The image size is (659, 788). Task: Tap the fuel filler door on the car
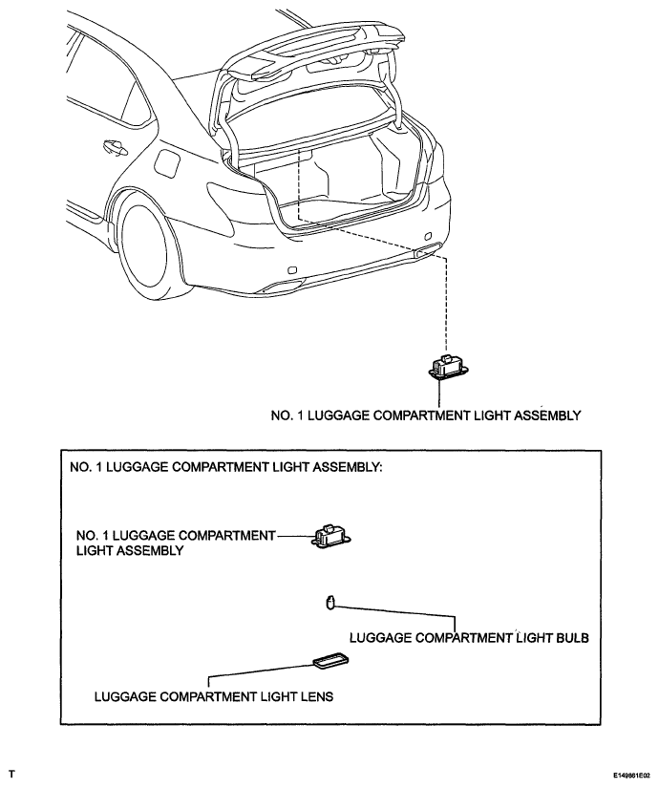167,164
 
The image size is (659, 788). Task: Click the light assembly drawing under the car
448,367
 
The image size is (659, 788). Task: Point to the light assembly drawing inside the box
332,536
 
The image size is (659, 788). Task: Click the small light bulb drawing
329,602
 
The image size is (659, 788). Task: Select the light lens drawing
331,660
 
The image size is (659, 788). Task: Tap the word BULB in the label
572,638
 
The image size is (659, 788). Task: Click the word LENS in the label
318,696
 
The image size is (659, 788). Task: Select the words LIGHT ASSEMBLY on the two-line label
130,551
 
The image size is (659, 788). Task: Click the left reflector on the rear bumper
291,270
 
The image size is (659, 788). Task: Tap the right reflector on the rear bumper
428,236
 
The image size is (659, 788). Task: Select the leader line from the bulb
397,613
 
